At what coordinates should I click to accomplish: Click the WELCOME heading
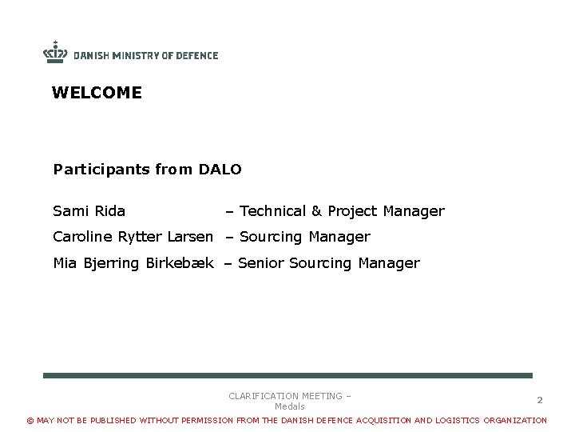97,93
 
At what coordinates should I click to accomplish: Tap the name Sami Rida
89,211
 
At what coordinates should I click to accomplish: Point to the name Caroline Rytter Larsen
133,237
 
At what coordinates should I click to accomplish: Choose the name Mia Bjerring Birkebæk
133,263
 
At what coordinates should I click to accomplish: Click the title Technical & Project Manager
341,211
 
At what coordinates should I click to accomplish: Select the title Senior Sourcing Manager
328,263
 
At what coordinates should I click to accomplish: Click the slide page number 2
540,399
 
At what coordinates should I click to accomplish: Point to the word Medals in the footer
290,406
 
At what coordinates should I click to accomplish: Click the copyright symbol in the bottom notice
31,421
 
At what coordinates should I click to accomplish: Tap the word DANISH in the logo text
91,55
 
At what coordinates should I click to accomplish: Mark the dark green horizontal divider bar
287,375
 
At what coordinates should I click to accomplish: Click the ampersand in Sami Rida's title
316,211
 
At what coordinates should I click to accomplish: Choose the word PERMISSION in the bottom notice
206,421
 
